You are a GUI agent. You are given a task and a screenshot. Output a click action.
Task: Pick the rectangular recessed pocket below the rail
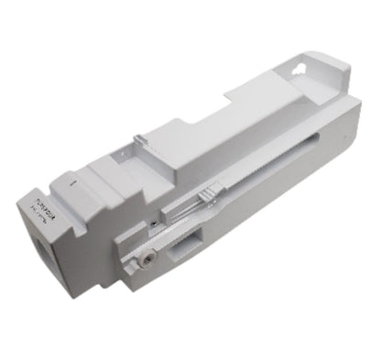pyautogui.click(x=194, y=242)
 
